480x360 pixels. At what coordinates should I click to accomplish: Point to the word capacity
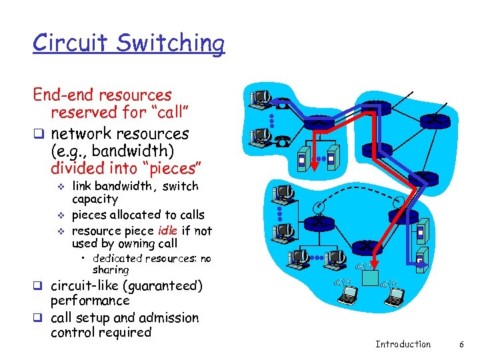click(x=94, y=199)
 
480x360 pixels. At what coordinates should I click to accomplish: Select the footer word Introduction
click(x=403, y=344)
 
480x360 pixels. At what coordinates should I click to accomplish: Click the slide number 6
click(x=461, y=344)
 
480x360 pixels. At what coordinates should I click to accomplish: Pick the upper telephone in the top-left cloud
click(x=282, y=105)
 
